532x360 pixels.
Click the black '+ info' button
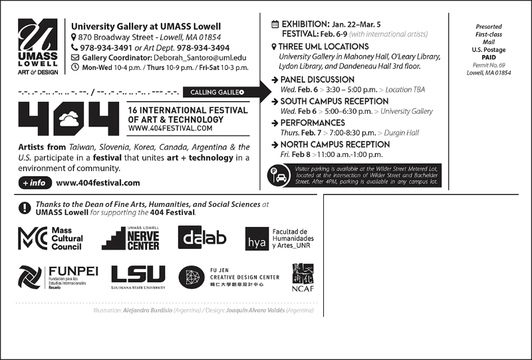33,182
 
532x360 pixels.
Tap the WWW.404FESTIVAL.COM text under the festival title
170,128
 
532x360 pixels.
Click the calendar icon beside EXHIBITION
275,25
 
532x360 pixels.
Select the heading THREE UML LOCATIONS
324,47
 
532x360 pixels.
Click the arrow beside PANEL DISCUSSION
275,80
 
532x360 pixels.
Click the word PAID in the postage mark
494,59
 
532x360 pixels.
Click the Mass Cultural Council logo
51,238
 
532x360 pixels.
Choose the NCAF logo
302,277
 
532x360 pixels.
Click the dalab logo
202,238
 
